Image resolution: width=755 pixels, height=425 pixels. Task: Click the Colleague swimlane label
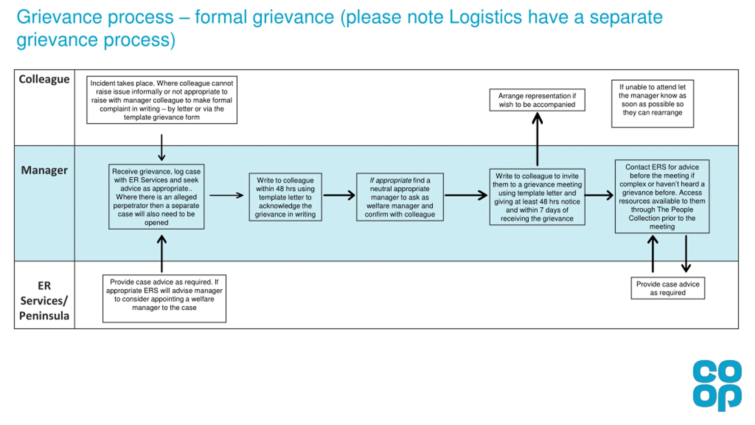[44, 79]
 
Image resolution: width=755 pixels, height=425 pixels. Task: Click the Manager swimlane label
[44, 170]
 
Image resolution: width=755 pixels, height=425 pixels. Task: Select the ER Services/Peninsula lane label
[44, 300]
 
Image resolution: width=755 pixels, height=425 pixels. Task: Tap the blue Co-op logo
[717, 385]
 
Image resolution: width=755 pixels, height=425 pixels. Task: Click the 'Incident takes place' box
[162, 100]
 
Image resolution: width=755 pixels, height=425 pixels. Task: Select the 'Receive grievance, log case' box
[156, 197]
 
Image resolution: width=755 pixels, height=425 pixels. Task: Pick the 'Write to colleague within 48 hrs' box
[285, 197]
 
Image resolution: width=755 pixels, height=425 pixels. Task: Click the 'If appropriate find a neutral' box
[400, 197]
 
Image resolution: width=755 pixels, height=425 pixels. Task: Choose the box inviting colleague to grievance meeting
[537, 197]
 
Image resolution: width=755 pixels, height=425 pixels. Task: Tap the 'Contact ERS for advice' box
[662, 197]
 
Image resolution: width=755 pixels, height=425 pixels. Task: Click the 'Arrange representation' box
[537, 100]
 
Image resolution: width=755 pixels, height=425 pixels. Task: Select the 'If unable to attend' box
[652, 104]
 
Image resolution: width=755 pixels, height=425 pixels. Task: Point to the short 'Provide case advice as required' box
[668, 288]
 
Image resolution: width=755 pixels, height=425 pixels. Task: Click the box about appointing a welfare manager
[164, 298]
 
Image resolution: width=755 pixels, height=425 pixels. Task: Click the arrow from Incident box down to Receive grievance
[162, 148]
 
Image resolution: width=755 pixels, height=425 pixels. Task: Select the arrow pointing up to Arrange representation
[537, 140]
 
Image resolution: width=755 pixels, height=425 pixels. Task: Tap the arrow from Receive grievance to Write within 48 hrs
[226, 195]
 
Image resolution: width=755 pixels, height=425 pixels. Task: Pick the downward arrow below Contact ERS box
[686, 254]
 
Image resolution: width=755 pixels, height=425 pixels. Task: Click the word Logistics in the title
[485, 17]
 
